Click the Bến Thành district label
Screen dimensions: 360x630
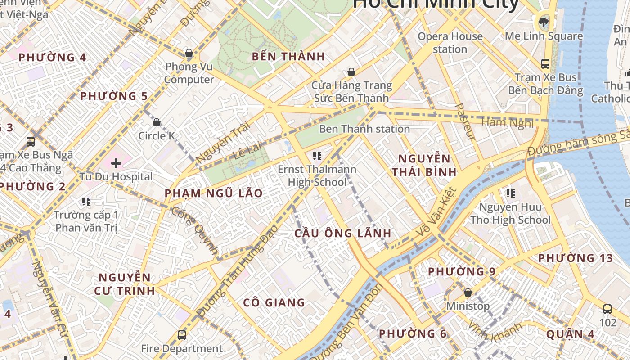click(x=288, y=57)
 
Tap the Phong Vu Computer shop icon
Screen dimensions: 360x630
click(x=189, y=54)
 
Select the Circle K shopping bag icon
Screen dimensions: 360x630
click(x=157, y=122)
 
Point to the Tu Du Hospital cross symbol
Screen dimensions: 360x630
click(x=116, y=163)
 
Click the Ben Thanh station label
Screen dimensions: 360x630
click(x=364, y=129)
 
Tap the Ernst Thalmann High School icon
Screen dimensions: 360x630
click(x=317, y=156)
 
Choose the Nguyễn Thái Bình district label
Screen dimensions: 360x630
click(x=424, y=165)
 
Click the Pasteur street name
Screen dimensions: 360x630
click(x=466, y=121)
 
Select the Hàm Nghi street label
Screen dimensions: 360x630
click(x=507, y=122)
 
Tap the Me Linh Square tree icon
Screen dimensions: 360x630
click(x=544, y=22)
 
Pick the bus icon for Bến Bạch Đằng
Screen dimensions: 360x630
click(x=545, y=63)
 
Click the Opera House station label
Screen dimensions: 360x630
click(x=450, y=43)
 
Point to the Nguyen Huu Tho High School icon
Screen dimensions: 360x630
click(x=510, y=193)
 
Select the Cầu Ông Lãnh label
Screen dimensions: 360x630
click(x=342, y=234)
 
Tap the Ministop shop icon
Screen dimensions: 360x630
click(x=468, y=292)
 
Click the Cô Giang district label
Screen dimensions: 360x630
click(x=274, y=302)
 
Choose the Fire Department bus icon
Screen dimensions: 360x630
click(x=182, y=335)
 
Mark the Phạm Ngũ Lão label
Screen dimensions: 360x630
click(x=213, y=193)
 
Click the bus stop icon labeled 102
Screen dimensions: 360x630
click(x=607, y=309)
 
